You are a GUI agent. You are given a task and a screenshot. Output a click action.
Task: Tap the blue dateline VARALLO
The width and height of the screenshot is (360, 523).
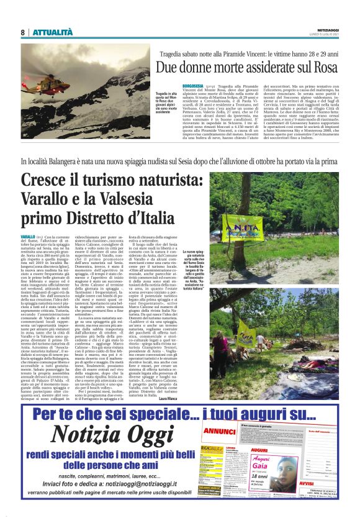(28, 238)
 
